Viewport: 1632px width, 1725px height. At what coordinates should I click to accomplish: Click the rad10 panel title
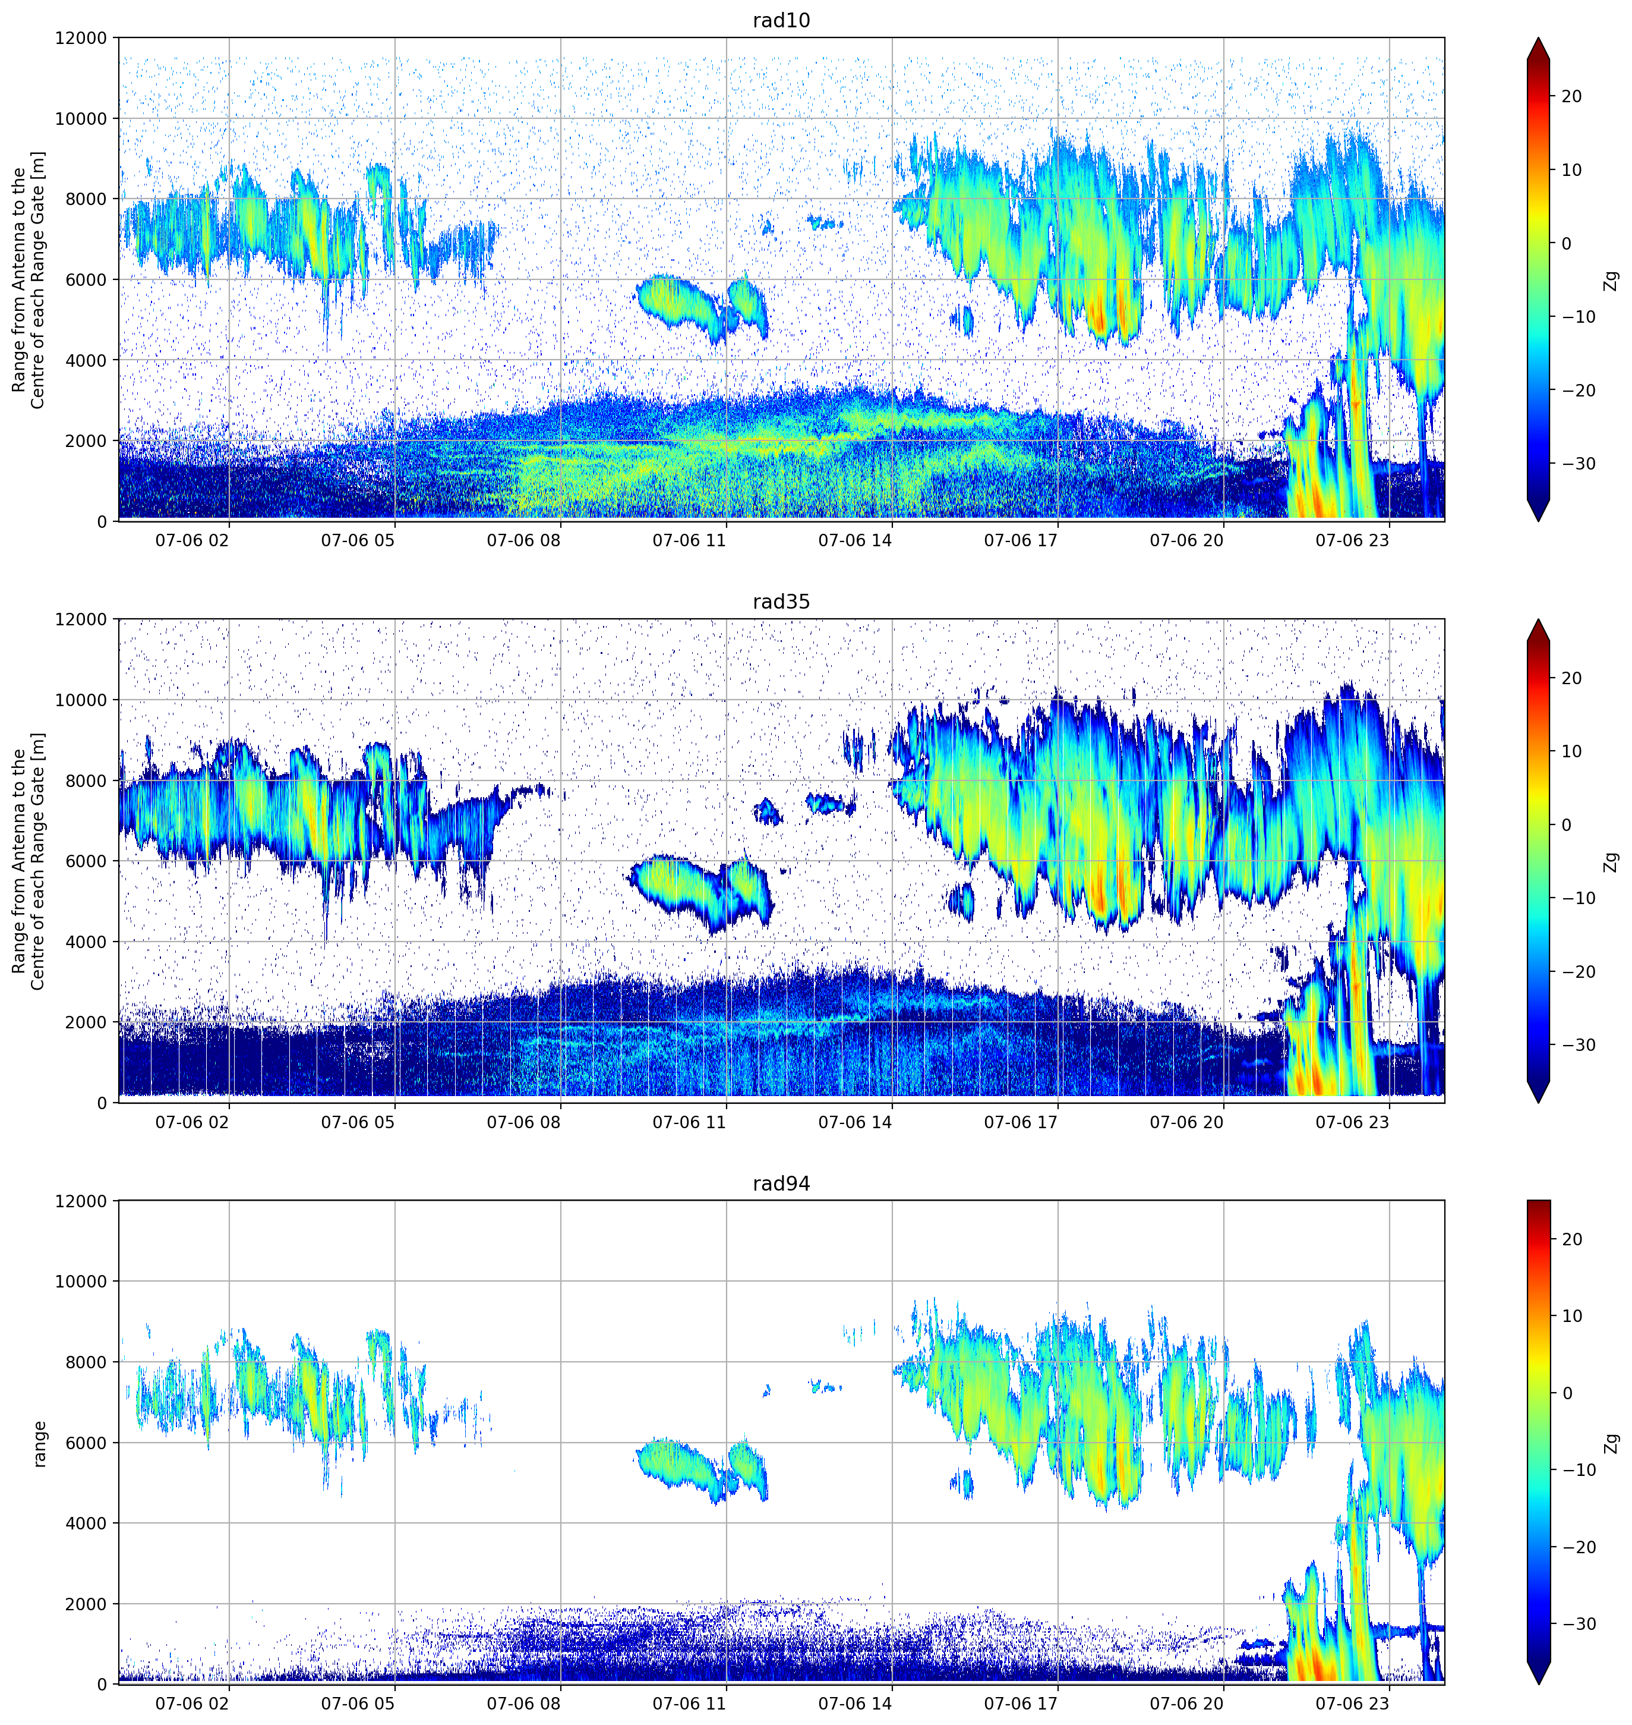pyautogui.click(x=781, y=21)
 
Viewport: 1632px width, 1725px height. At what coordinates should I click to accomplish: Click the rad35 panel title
pyautogui.click(x=781, y=602)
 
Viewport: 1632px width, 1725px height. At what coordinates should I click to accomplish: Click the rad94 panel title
pyautogui.click(x=781, y=1183)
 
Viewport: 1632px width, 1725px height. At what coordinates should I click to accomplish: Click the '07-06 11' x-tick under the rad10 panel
pyautogui.click(x=689, y=540)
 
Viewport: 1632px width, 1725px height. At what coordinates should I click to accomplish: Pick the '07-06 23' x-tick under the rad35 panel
pyautogui.click(x=1352, y=1122)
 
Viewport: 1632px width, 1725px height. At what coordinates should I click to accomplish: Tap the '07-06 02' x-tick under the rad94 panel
pyautogui.click(x=192, y=1703)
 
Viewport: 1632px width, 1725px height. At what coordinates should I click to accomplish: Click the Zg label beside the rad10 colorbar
pyautogui.click(x=1612, y=280)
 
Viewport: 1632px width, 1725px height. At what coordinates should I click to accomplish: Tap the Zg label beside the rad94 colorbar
pyautogui.click(x=1612, y=1443)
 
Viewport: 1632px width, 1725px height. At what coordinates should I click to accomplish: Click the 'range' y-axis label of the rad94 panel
pyautogui.click(x=39, y=1443)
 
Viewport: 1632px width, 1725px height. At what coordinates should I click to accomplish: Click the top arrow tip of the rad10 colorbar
pyautogui.click(x=1538, y=38)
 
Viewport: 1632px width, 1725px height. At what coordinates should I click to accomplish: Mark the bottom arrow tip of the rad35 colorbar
pyautogui.click(x=1538, y=1102)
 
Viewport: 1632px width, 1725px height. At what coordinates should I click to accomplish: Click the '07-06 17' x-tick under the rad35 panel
pyautogui.click(x=1021, y=1122)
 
